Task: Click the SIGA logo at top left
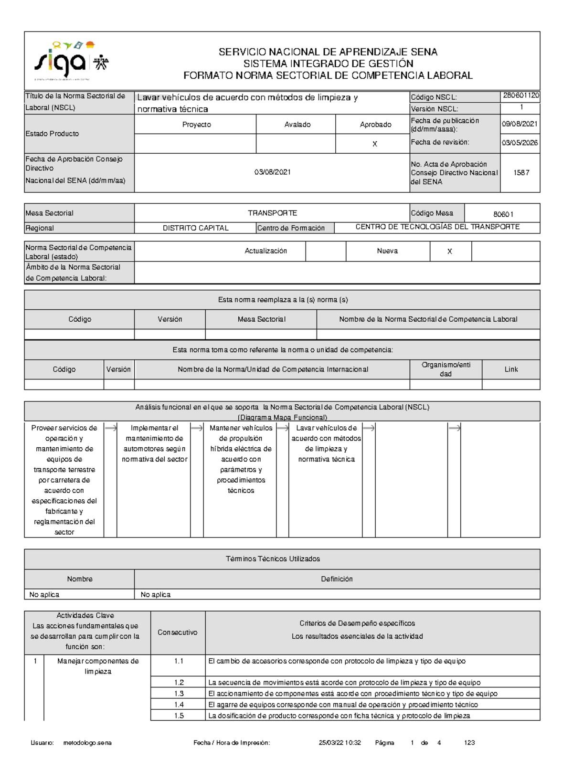click(71, 61)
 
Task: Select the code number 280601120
click(520, 95)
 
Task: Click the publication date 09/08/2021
click(520, 124)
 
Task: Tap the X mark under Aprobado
click(375, 144)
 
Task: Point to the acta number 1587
click(521, 173)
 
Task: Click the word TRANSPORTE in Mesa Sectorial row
click(272, 213)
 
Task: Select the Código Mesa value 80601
click(503, 214)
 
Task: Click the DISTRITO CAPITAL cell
click(195, 228)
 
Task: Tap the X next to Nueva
click(449, 252)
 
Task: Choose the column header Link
click(511, 369)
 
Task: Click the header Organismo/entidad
click(446, 369)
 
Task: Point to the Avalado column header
click(297, 125)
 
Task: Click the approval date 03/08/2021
click(272, 172)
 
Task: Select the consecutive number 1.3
click(179, 694)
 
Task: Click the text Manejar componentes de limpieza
click(98, 666)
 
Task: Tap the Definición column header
click(337, 579)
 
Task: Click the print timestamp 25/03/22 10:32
click(340, 743)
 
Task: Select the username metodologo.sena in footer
click(87, 743)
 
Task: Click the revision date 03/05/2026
click(520, 143)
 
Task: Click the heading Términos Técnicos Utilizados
click(273, 559)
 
